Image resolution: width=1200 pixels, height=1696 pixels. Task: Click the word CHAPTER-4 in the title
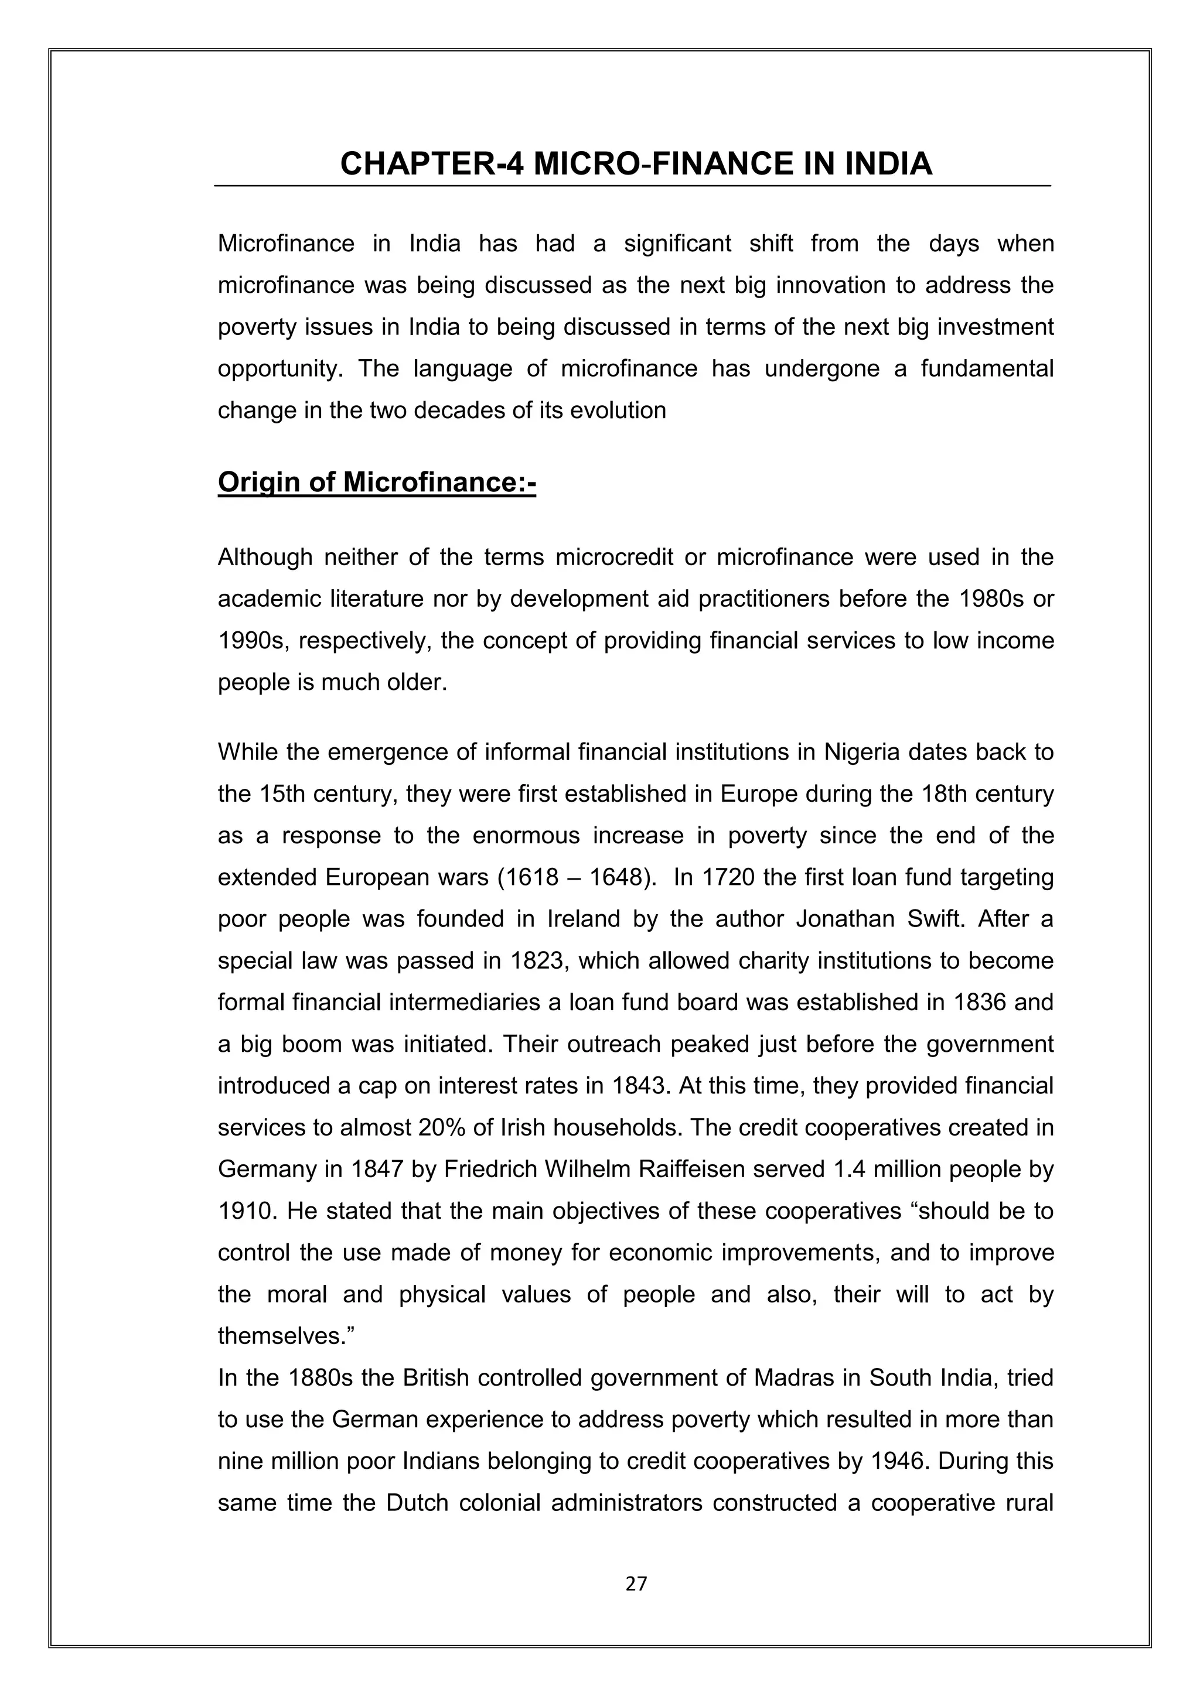tap(431, 163)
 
